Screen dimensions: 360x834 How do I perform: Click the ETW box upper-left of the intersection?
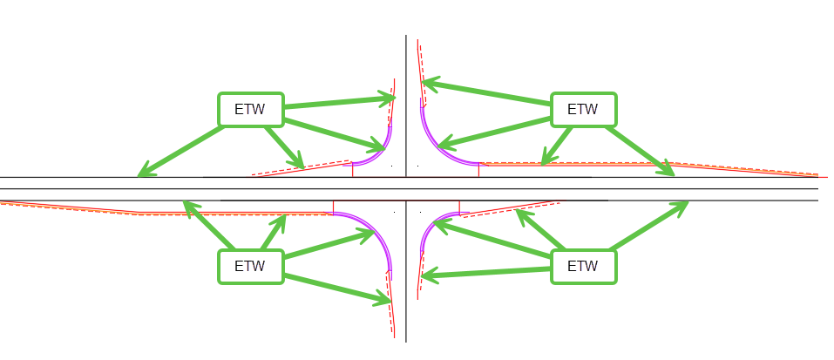[x=250, y=110]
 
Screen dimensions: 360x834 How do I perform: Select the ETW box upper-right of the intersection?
[x=583, y=110]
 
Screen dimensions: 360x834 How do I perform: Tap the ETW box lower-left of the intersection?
[x=250, y=266]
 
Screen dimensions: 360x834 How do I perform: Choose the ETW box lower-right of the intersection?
[x=583, y=266]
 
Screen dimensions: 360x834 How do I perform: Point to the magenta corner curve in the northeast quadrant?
[x=436, y=145]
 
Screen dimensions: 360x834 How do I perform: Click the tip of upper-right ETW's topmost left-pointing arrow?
[x=423, y=83]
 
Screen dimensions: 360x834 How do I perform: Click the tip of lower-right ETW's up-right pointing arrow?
[x=688, y=202]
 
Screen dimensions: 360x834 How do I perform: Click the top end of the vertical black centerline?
[x=406, y=36]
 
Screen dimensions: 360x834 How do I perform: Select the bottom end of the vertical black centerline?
[x=406, y=342]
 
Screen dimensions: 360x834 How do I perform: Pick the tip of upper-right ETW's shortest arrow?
[x=543, y=164]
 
